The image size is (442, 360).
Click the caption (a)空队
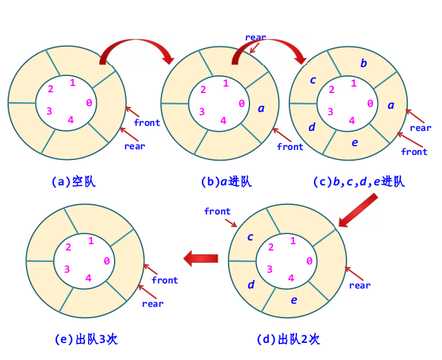(x=73, y=182)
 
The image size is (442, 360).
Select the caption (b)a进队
(x=226, y=182)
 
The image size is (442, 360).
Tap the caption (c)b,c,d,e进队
(x=358, y=182)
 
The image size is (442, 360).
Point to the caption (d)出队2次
(x=288, y=339)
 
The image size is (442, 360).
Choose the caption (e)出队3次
(x=87, y=339)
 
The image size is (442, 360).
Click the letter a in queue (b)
(x=261, y=108)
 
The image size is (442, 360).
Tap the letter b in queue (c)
(x=363, y=63)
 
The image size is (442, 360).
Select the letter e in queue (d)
(x=294, y=300)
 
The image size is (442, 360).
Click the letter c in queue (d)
(x=250, y=237)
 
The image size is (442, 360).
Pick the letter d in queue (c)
(x=312, y=127)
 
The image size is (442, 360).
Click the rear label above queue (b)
(x=256, y=37)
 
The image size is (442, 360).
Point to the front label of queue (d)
(x=217, y=211)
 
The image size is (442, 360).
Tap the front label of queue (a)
(x=147, y=122)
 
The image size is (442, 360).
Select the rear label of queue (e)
(x=153, y=304)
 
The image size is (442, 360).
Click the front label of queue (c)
(x=414, y=152)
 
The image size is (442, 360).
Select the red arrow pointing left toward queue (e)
(x=201, y=258)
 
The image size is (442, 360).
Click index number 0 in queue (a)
(x=89, y=103)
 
